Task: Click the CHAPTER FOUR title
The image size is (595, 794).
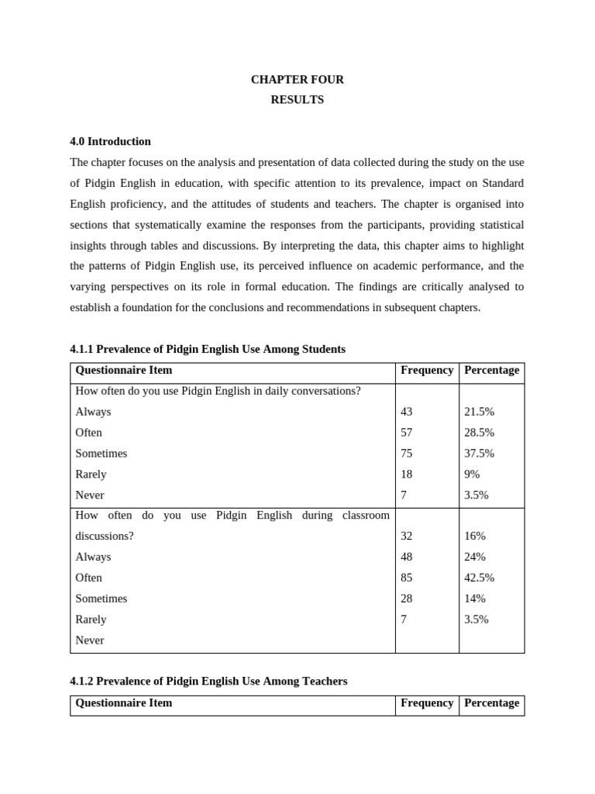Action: point(297,79)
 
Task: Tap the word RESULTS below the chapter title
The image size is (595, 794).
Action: point(297,100)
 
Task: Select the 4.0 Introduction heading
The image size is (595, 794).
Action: point(110,141)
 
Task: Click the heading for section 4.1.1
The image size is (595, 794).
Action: point(208,349)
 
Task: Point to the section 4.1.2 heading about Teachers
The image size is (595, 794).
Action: point(208,681)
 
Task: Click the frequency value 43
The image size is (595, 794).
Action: point(407,412)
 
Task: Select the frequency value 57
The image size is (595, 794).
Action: point(407,433)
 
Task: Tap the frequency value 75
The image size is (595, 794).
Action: point(407,454)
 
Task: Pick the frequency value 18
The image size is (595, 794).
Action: point(407,474)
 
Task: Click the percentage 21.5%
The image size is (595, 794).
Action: point(479,412)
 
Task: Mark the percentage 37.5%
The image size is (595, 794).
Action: point(479,454)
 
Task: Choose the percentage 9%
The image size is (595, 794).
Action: point(472,474)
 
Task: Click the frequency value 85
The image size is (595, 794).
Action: point(407,578)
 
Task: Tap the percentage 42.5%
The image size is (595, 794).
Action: point(479,578)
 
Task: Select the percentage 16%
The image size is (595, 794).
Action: point(475,536)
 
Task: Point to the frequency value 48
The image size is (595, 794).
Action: point(407,557)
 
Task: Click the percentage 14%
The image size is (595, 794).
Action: point(475,599)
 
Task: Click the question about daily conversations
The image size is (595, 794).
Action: point(218,391)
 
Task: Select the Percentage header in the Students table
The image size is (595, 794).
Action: point(491,370)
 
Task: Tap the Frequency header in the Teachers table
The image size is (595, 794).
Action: point(427,703)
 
